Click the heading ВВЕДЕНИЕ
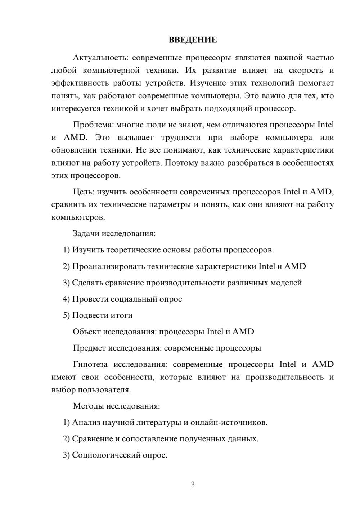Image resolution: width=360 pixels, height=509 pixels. tap(193, 40)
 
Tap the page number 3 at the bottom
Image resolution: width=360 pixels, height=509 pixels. tap(193, 485)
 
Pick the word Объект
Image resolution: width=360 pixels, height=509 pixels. tap(86, 332)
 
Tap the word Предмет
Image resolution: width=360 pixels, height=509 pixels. tap(89, 348)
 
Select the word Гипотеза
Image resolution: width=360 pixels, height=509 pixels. tap(90, 364)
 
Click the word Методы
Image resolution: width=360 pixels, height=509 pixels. tap(89, 406)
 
